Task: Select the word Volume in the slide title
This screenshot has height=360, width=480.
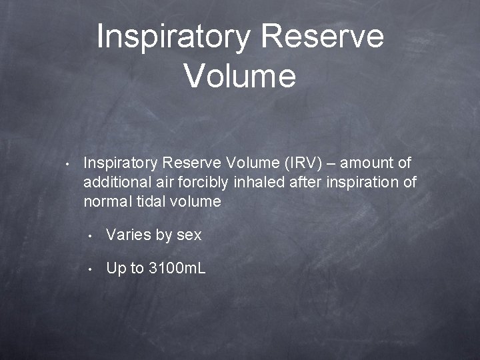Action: pos(240,75)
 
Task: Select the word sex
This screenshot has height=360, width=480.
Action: pos(189,235)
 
